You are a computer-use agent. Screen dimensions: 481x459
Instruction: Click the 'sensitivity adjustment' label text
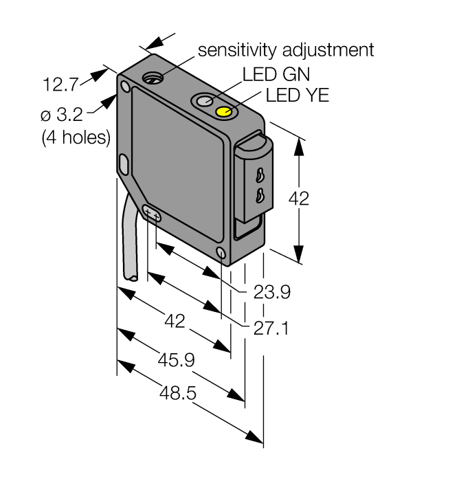click(x=285, y=49)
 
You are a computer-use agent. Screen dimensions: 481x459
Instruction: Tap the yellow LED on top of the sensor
click(x=224, y=112)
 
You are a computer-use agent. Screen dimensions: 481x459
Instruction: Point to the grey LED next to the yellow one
click(x=205, y=102)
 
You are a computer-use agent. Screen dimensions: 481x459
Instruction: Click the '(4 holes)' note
click(x=76, y=137)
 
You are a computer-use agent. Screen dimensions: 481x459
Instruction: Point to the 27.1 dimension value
click(x=270, y=328)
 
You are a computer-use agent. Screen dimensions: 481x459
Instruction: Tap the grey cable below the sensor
click(x=129, y=240)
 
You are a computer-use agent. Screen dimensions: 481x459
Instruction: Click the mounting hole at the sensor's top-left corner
click(x=125, y=87)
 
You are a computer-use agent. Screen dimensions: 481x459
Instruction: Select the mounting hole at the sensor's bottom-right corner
click(x=220, y=254)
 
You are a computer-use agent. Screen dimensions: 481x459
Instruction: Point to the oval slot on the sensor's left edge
click(x=124, y=164)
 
